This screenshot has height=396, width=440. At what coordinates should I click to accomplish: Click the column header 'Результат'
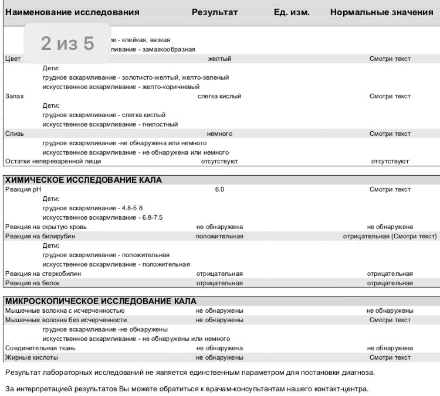click(x=215, y=12)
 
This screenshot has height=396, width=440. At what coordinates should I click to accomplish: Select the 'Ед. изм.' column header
click(x=292, y=12)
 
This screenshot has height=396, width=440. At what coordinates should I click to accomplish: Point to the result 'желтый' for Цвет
click(x=219, y=59)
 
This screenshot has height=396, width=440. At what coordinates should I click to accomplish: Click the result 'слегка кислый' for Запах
click(x=219, y=97)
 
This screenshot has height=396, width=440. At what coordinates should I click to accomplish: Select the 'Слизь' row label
click(x=14, y=134)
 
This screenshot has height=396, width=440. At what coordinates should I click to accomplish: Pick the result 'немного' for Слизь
click(x=219, y=134)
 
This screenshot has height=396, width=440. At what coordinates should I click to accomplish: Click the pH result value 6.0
click(x=219, y=190)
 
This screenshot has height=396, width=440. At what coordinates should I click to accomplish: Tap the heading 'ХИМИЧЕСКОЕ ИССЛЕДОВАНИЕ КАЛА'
click(x=83, y=180)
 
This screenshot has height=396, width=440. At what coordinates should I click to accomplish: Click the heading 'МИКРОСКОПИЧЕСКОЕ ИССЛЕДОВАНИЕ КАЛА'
click(x=96, y=301)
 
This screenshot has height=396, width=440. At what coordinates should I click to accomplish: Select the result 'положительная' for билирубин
click(x=219, y=236)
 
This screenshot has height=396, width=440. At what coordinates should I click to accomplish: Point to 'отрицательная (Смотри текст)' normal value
click(x=390, y=236)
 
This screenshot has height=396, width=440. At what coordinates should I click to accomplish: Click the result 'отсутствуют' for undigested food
click(x=219, y=162)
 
